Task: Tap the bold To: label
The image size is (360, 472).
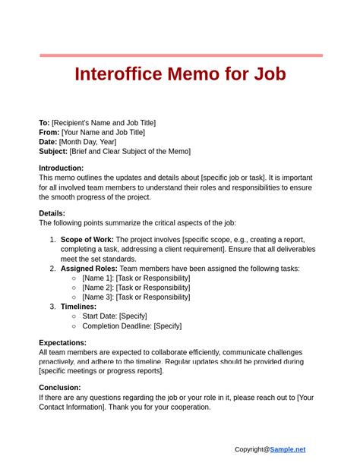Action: coord(44,123)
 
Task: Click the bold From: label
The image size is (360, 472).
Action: coord(49,132)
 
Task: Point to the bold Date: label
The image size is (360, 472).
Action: coord(49,142)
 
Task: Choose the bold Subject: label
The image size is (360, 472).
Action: coord(53,151)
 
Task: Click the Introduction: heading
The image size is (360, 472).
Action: coord(61,168)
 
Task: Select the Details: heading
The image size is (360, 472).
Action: coord(52,214)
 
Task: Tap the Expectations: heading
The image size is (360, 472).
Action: coord(62,343)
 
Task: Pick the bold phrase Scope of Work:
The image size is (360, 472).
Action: coord(87,241)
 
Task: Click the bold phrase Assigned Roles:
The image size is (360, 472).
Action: coord(88,269)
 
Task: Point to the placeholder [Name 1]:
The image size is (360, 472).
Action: coord(98,278)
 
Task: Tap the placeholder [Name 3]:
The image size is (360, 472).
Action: coord(98,297)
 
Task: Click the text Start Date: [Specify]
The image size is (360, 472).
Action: coord(114,316)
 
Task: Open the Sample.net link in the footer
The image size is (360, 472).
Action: coord(288,449)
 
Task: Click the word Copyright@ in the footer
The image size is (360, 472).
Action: coord(251,449)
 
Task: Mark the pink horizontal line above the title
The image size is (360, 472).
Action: coord(181,55)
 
